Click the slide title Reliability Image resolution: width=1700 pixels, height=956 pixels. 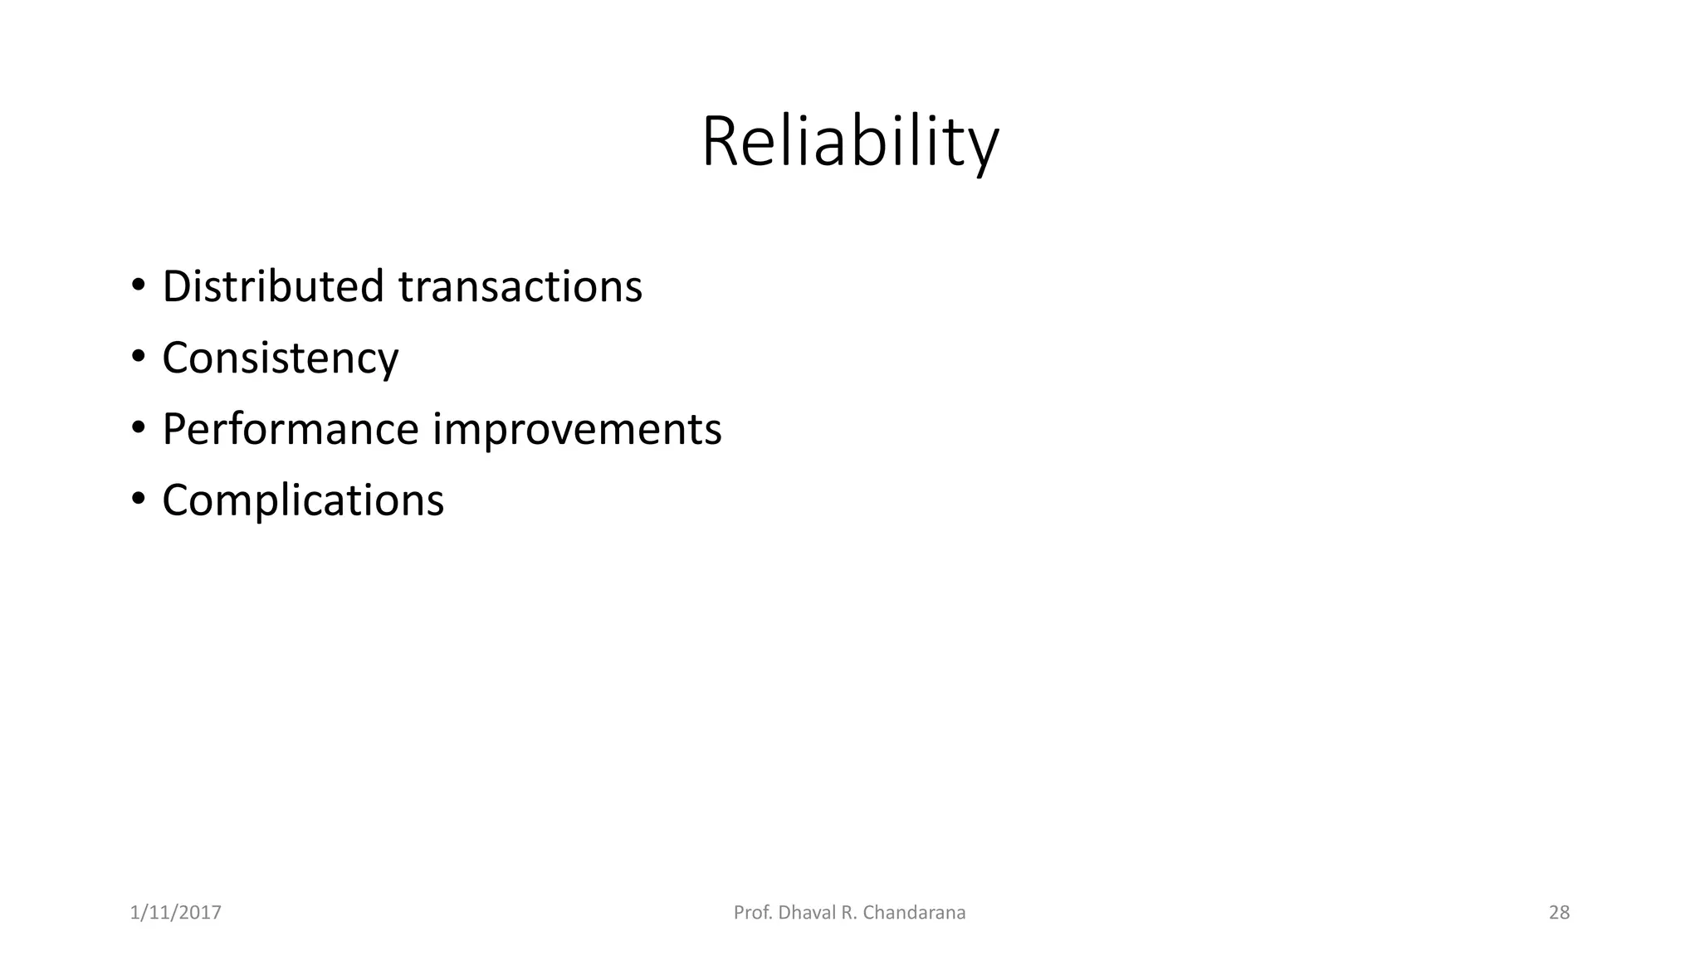[x=850, y=143]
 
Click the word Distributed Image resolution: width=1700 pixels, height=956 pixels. [x=273, y=286]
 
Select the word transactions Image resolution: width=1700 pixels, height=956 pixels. [x=520, y=288]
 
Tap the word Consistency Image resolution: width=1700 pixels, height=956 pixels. [x=280, y=358]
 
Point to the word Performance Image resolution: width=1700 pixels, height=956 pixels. [x=290, y=430]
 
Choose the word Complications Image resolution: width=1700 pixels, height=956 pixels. [x=303, y=501]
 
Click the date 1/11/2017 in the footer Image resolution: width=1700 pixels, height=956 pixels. [x=176, y=913]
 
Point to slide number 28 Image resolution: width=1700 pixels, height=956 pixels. [x=1559, y=913]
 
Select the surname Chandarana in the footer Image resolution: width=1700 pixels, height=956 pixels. [x=914, y=913]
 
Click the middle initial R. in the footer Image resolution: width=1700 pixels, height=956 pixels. [x=848, y=913]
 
